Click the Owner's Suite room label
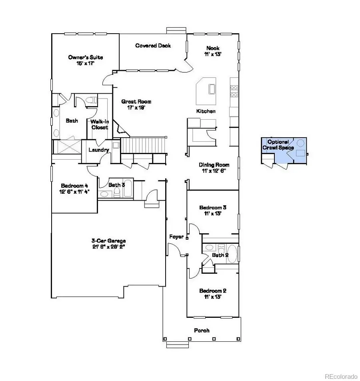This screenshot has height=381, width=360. coord(81,57)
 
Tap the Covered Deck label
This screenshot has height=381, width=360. coord(153,46)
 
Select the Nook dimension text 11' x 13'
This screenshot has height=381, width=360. coord(213,54)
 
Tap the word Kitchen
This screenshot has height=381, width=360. coord(206,111)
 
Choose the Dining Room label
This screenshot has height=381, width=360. coord(214,164)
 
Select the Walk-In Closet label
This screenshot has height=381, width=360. coord(100,124)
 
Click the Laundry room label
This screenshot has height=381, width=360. coord(99,150)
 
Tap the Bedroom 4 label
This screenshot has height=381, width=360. coord(74,186)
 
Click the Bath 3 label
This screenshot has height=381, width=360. coord(117,185)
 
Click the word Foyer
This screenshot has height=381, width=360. coord(176,237)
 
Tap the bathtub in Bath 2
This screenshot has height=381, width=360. coord(232,254)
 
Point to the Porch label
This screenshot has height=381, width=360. coord(202,331)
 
